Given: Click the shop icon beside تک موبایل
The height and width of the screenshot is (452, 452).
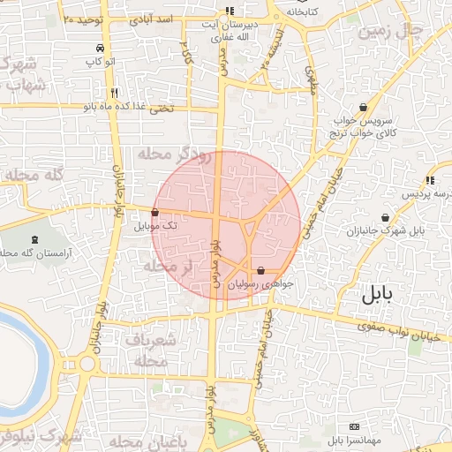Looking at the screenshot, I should tap(155, 213).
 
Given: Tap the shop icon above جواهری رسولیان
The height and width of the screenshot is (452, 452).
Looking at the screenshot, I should tap(260, 271).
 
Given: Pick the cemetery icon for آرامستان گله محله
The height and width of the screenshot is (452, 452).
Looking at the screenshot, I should tap(34, 240).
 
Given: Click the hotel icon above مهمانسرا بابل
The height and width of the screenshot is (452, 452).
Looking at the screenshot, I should tap(355, 426).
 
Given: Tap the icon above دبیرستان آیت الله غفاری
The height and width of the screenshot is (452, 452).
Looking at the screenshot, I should tap(230, 11).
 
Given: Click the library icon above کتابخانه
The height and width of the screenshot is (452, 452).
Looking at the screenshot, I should tap(292, 3).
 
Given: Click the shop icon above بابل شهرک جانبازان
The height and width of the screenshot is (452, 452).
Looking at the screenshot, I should tap(385, 218).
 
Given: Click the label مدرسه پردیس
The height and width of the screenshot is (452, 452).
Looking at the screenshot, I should tap(427, 192).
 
